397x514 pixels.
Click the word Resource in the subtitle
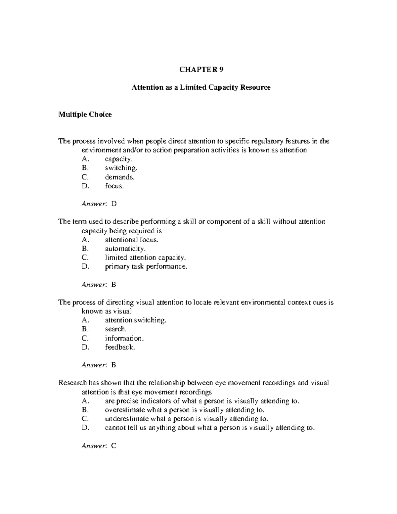click(255, 87)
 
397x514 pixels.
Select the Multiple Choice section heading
click(85, 115)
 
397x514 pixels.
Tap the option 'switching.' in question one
click(121, 168)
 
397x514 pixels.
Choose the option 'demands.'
click(120, 177)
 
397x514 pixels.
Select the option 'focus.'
click(114, 186)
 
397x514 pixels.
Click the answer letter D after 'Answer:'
click(114, 204)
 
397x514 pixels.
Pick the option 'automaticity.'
click(125, 249)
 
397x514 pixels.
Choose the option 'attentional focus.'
click(132, 240)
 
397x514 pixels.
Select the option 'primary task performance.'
click(146, 266)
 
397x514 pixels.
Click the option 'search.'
click(116, 329)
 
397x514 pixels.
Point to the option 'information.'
click(124, 338)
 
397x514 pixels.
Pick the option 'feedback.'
click(120, 347)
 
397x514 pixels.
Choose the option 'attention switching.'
click(136, 320)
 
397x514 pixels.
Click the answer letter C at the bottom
click(114, 446)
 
